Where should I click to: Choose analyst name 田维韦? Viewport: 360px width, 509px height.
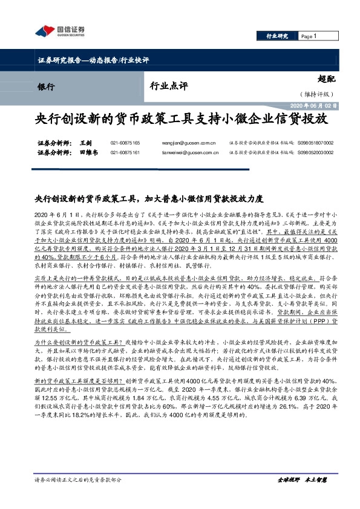[88, 153]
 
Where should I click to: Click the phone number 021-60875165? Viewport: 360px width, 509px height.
[125, 143]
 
